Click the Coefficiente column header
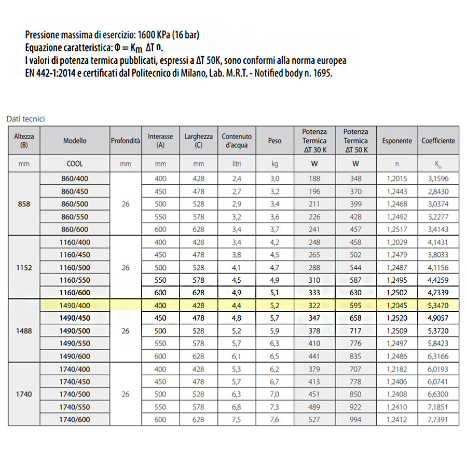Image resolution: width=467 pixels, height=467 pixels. [438, 141]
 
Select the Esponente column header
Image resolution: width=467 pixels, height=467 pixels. [397, 141]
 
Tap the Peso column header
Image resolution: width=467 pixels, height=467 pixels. [275, 141]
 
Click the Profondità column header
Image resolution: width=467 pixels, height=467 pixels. [125, 141]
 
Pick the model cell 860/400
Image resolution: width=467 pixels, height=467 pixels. [75, 179]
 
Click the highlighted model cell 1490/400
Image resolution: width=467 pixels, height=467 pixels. [75, 306]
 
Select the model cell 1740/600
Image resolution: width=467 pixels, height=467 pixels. [75, 420]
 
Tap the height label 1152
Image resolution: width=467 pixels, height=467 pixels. [24, 268]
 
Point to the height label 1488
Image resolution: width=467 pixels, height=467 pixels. [24, 330]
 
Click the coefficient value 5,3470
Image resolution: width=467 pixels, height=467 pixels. [438, 306]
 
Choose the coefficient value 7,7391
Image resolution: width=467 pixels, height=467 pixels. [438, 420]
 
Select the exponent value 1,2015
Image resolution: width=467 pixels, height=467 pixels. [397, 179]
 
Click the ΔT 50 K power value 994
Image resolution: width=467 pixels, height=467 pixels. [355, 420]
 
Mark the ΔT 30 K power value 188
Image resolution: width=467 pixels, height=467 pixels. [314, 179]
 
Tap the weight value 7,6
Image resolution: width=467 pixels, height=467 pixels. [275, 420]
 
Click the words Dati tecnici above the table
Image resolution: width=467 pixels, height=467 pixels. [26, 119]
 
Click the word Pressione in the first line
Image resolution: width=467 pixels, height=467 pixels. [43, 35]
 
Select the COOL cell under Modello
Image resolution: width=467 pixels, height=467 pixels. [75, 163]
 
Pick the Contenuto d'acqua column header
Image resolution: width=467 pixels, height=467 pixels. [237, 141]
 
